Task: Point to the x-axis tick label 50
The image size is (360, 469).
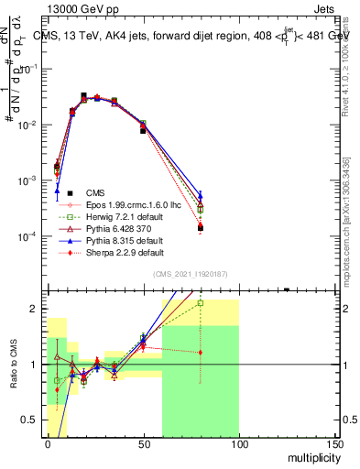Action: point(143,444)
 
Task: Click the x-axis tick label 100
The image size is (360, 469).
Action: point(238,444)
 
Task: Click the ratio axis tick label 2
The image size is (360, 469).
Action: point(36,309)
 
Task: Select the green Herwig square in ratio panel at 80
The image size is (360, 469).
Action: point(200,302)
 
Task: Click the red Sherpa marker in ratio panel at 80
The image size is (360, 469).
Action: point(200,352)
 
